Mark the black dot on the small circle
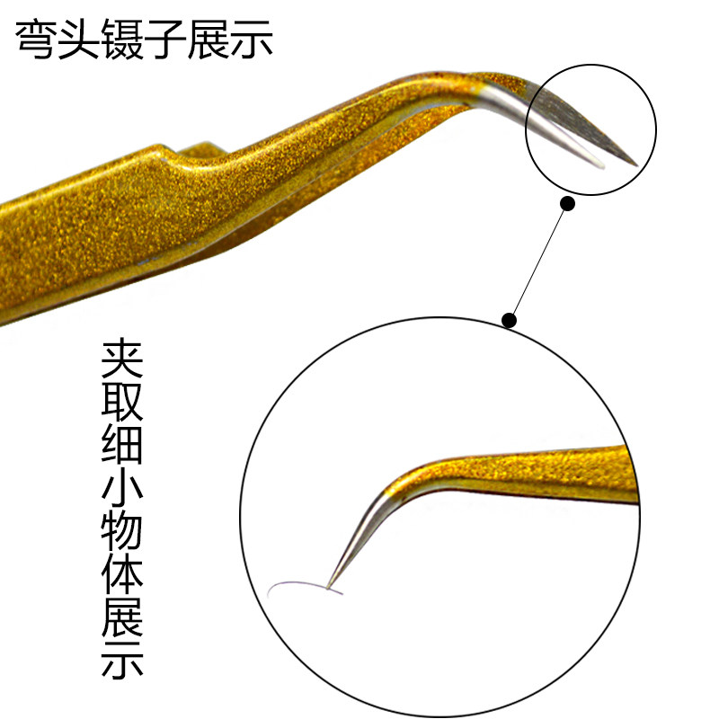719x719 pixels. [567, 204]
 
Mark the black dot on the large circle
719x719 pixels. [509, 320]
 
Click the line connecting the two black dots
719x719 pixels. [538, 262]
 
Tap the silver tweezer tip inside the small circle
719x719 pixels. [584, 126]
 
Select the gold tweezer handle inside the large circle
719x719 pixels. [539, 467]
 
